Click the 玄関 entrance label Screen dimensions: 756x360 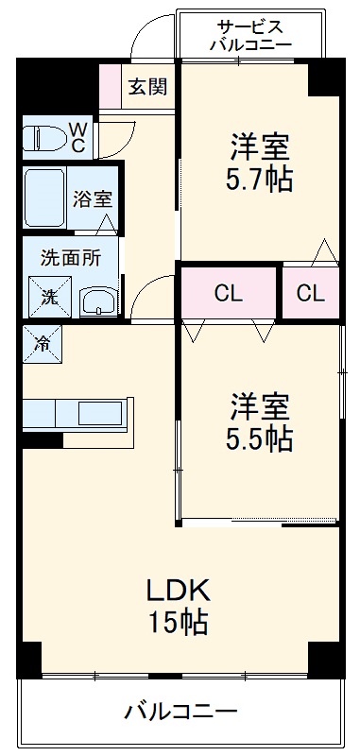click(x=148, y=87)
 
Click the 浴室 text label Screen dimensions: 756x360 click(x=94, y=200)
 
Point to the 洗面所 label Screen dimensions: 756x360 click(x=65, y=255)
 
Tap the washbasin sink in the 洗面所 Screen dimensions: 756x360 click(x=97, y=301)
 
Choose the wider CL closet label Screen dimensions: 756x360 click(x=228, y=293)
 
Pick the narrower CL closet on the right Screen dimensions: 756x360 click(x=310, y=293)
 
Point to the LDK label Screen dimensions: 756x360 click(x=177, y=590)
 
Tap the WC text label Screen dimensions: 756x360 click(x=78, y=137)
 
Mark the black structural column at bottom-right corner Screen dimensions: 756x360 click(x=325, y=658)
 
